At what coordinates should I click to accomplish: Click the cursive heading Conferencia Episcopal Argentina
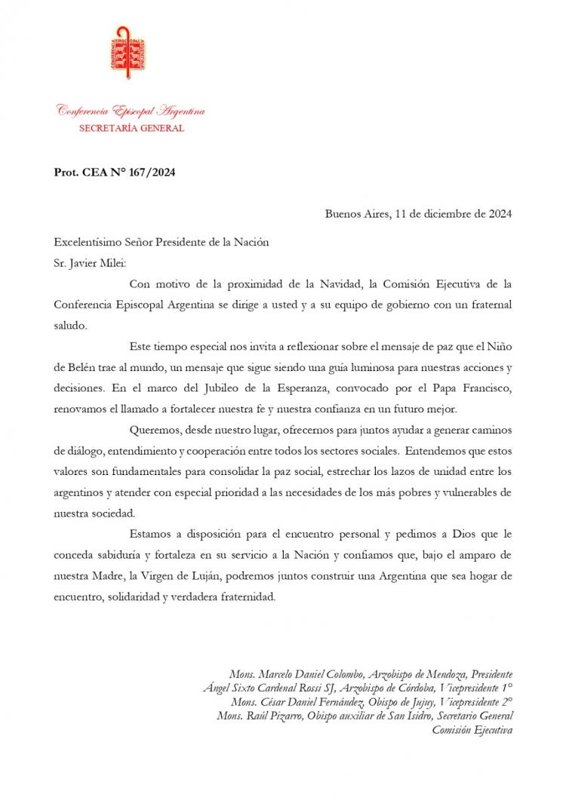(x=131, y=112)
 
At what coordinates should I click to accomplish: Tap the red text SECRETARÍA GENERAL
(x=131, y=128)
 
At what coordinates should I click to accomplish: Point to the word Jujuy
(x=415, y=701)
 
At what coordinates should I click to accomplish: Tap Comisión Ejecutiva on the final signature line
(x=472, y=729)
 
